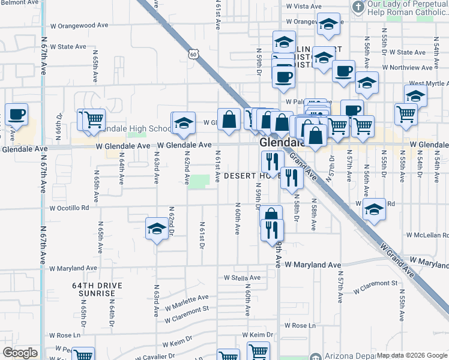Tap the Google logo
coord(20,353)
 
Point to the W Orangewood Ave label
coord(79,26)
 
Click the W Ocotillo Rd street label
coord(70,208)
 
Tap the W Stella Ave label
coord(243,278)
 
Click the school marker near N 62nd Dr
coord(157,229)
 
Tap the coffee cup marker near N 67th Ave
coord(16,113)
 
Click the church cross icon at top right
coord(358,7)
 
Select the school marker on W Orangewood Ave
coord(328,24)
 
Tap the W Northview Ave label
coord(408,68)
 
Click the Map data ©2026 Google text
coord(411,355)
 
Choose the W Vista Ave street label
coord(304,6)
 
